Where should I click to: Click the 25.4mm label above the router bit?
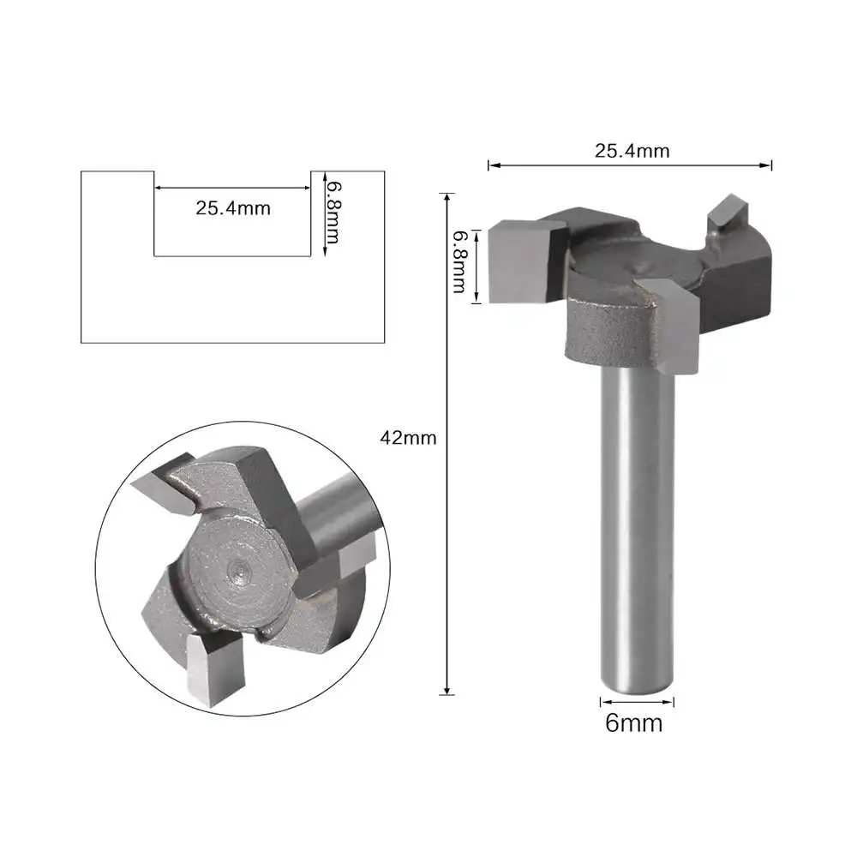pos(632,151)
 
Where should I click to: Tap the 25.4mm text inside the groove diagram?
pos(233,207)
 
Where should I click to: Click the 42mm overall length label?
pos(409,438)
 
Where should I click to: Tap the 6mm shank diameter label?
pos(633,723)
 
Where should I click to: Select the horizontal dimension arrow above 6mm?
pos(633,702)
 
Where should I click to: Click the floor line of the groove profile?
pos(231,255)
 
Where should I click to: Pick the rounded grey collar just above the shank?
pos(604,339)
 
